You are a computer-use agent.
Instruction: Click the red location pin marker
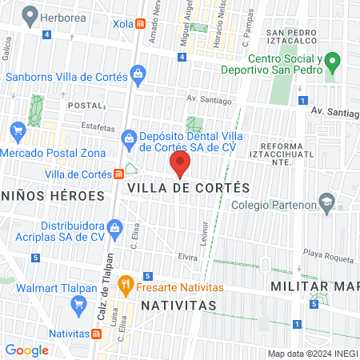point(181,165)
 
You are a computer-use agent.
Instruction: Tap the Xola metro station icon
point(141,24)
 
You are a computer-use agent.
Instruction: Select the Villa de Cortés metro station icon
point(119,174)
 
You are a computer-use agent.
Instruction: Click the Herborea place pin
point(30,14)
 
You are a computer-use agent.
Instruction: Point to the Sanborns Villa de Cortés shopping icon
point(138,76)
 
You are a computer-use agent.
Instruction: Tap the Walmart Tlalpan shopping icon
point(78,304)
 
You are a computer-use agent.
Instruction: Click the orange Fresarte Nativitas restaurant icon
point(126,283)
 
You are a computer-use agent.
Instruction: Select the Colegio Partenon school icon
point(326,202)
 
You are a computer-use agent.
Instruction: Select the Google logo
point(26,350)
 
